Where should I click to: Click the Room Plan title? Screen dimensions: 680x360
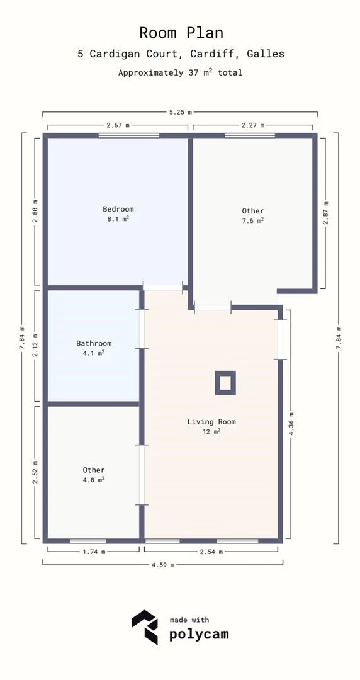[181, 33]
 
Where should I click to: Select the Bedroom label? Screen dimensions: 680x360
[118, 209]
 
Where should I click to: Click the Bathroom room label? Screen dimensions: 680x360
[94, 343]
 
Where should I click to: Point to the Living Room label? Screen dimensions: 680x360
[211, 422]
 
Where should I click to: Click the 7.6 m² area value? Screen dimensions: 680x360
[253, 221]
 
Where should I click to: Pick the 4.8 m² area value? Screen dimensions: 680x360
[94, 480]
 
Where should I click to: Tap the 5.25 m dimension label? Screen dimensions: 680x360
[181, 113]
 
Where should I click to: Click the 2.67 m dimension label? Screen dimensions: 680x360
[118, 126]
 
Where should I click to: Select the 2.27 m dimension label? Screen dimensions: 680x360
[253, 126]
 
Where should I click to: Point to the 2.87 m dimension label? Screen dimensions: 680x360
[325, 212]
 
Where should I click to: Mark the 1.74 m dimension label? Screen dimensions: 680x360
[94, 552]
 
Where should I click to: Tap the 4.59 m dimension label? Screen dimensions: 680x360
[163, 565]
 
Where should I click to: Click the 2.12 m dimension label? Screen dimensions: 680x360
[36, 345]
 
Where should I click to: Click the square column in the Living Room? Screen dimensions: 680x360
[225, 383]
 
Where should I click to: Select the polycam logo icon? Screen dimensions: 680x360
[145, 627]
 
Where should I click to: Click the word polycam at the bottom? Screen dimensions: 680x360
[198, 634]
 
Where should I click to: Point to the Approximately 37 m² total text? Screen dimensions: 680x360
[181, 73]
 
